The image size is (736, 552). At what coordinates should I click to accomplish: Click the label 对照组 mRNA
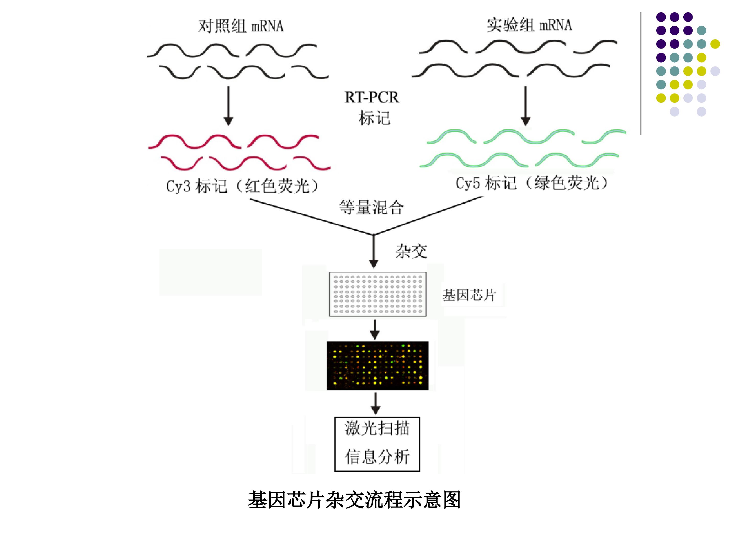(241, 26)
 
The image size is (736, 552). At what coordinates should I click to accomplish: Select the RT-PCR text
(372, 97)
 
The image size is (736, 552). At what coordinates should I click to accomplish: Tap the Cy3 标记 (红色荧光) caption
(242, 186)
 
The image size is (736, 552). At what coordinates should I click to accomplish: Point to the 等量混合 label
(371, 207)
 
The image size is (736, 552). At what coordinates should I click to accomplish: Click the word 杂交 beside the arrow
(411, 251)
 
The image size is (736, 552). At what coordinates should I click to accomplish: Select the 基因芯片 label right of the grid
(469, 295)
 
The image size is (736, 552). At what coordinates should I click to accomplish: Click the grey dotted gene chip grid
(378, 294)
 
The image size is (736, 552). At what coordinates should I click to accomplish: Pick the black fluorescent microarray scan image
(378, 366)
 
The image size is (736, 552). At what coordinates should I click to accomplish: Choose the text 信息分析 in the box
(377, 456)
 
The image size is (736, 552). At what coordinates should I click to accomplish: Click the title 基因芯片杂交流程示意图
(354, 500)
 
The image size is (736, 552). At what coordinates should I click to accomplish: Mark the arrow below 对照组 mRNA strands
(228, 106)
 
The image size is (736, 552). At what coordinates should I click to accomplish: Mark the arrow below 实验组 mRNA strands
(526, 106)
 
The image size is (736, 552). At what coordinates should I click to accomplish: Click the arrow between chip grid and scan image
(375, 329)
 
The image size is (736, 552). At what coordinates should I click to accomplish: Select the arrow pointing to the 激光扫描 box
(376, 404)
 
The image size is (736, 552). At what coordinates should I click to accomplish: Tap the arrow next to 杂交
(374, 251)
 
